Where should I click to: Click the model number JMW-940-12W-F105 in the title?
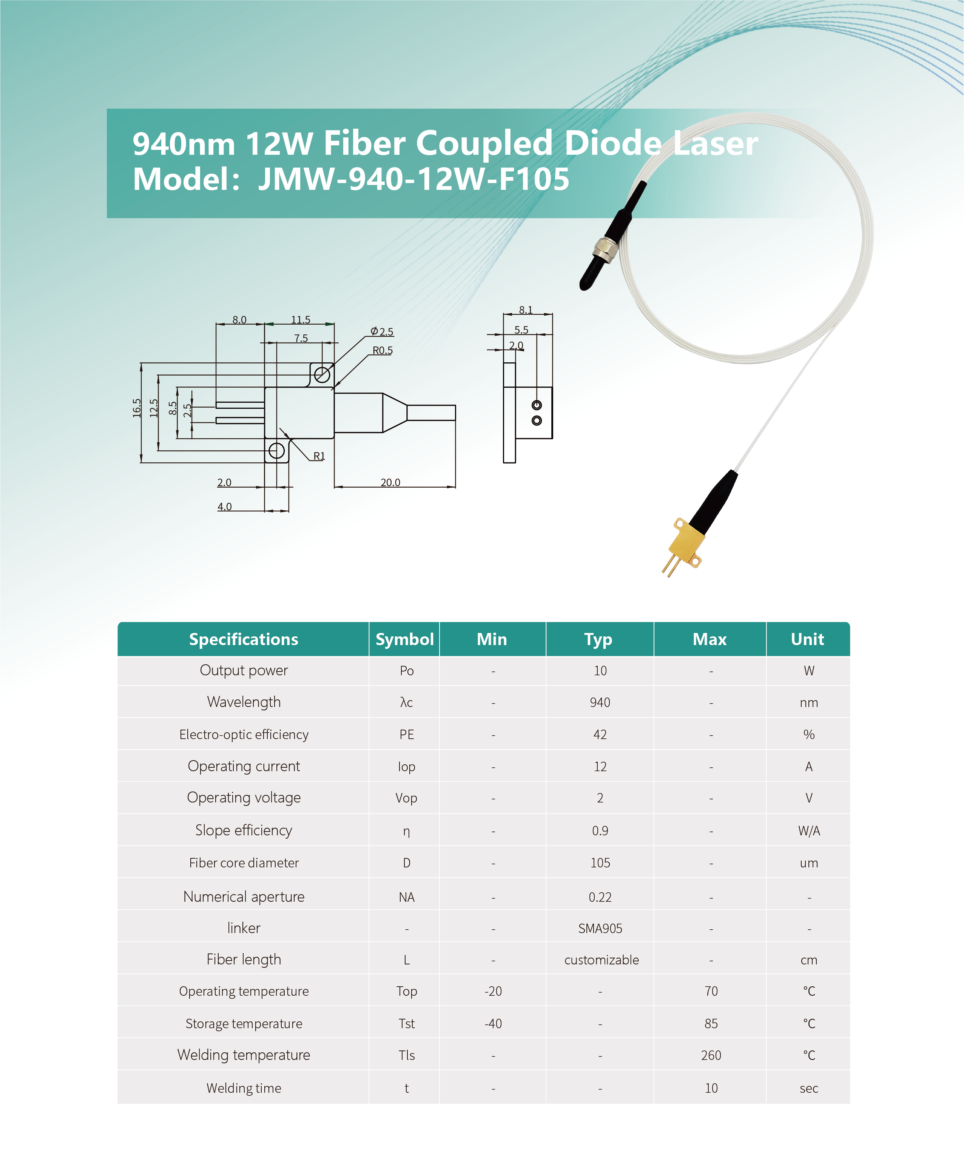(x=414, y=179)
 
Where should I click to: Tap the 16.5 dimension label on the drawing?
(x=137, y=408)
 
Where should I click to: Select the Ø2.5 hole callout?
(x=382, y=331)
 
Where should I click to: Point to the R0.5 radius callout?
(x=382, y=350)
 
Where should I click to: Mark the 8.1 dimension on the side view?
(x=525, y=310)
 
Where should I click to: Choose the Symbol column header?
(x=404, y=639)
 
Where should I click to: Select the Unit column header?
(x=807, y=639)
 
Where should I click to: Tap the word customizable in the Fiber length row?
(x=602, y=960)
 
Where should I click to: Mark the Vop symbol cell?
(x=406, y=798)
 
